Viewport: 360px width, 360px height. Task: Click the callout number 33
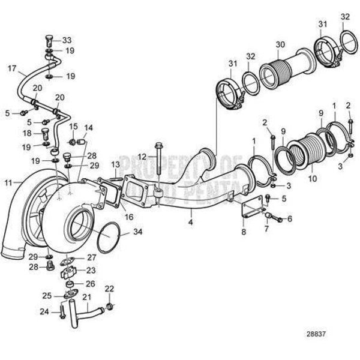click(67, 40)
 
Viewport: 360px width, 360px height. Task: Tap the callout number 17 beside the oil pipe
click(11, 68)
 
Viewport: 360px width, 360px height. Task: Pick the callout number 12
click(142, 157)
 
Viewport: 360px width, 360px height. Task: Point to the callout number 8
click(244, 230)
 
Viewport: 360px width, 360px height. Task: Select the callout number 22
click(109, 289)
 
